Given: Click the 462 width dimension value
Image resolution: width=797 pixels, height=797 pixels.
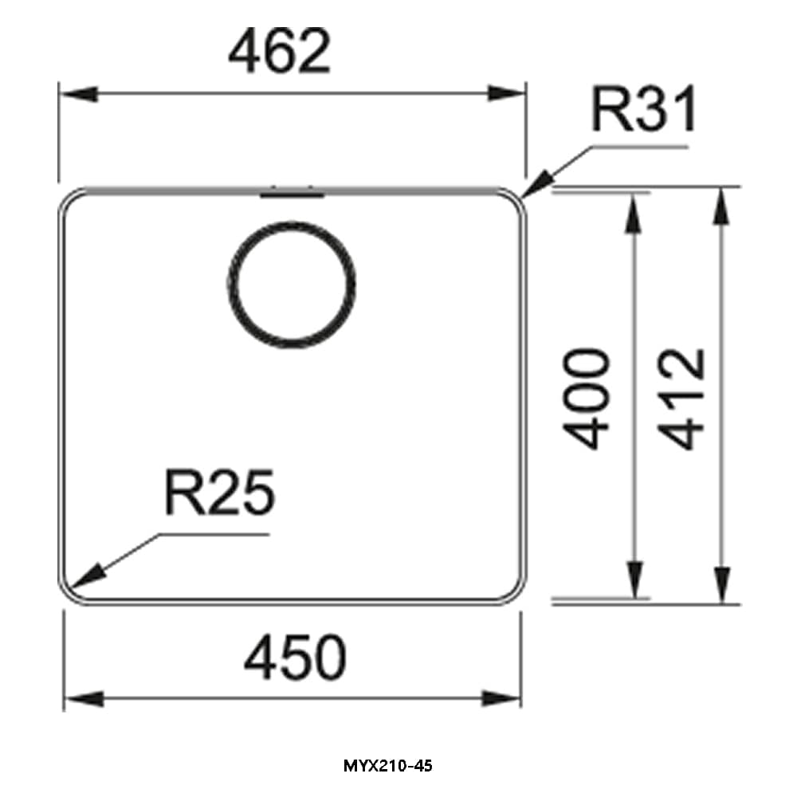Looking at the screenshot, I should click(x=278, y=51).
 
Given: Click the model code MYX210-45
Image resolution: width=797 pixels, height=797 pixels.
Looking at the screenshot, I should click(x=388, y=767).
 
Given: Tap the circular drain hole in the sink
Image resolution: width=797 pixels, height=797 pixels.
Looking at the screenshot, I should click(x=291, y=285).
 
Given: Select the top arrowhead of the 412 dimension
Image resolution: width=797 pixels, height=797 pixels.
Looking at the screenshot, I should click(x=721, y=206).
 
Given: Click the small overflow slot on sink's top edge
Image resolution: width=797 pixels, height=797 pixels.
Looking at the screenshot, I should click(x=292, y=193).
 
